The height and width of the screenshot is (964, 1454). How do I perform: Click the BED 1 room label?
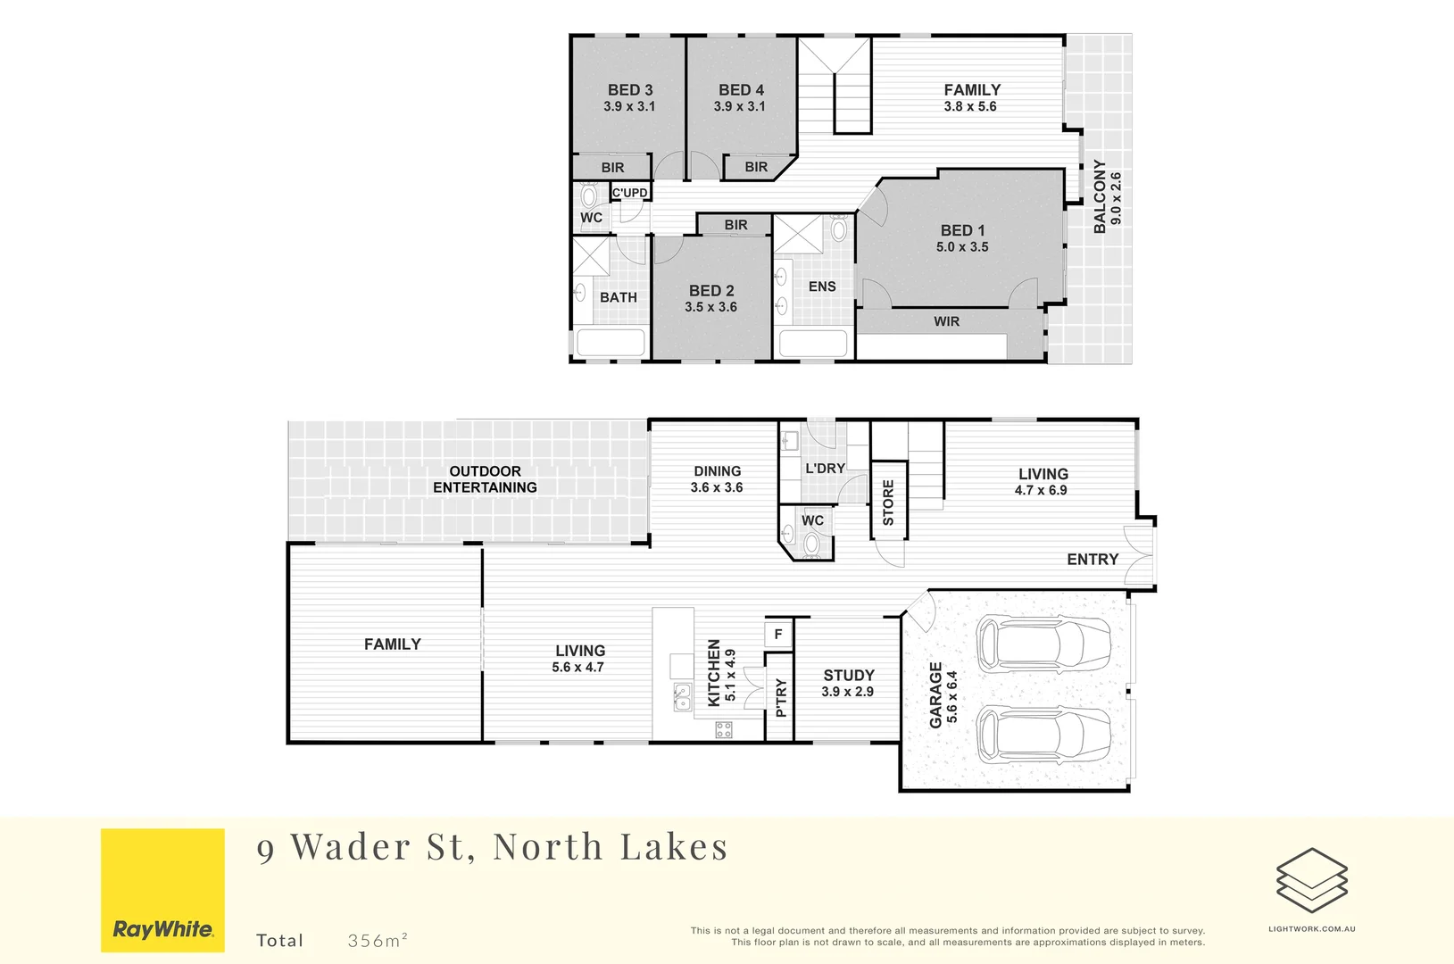click(962, 230)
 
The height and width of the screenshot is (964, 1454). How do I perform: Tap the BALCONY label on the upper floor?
click(1100, 197)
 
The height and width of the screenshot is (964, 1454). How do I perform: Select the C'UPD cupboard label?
click(629, 193)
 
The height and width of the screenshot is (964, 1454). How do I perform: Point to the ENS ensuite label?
click(822, 287)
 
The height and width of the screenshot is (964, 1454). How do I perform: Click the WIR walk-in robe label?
click(946, 321)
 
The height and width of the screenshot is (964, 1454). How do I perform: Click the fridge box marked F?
click(778, 634)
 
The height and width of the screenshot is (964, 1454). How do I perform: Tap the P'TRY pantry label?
click(781, 697)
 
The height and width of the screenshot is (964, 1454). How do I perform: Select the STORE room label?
click(888, 503)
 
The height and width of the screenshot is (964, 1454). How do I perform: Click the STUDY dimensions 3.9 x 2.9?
click(847, 692)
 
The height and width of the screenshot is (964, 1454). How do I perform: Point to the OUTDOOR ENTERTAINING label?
click(485, 479)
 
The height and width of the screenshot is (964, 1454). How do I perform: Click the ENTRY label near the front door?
click(1093, 560)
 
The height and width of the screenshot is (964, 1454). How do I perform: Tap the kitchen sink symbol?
click(682, 696)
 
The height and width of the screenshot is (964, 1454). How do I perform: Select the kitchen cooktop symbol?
click(724, 730)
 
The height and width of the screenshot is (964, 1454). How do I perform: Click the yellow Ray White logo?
click(162, 890)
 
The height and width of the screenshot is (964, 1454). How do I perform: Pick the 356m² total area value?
click(378, 940)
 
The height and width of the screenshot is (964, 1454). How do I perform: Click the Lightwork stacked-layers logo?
click(1311, 880)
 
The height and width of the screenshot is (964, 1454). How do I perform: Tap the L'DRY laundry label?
click(825, 469)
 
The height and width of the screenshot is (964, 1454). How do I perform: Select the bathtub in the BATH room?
click(611, 343)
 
